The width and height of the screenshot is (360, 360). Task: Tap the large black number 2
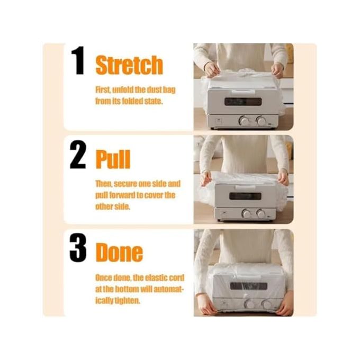(x=78, y=155)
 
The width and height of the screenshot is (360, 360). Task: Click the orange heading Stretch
(x=129, y=65)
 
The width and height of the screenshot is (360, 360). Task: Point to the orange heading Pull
(x=113, y=159)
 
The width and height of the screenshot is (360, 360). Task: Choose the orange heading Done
(x=119, y=253)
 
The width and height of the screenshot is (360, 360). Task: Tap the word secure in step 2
(x=124, y=184)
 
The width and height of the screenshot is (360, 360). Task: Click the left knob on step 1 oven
(x=244, y=120)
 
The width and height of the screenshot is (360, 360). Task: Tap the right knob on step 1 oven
(x=261, y=121)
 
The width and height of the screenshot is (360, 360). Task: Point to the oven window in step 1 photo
(x=243, y=102)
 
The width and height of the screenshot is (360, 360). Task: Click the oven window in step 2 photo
(x=245, y=196)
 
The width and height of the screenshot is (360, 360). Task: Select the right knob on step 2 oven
(x=261, y=214)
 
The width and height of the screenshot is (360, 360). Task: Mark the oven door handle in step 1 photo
(x=244, y=92)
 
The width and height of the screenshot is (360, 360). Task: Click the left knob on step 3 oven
(x=249, y=304)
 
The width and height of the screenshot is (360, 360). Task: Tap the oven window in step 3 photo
(x=249, y=286)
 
